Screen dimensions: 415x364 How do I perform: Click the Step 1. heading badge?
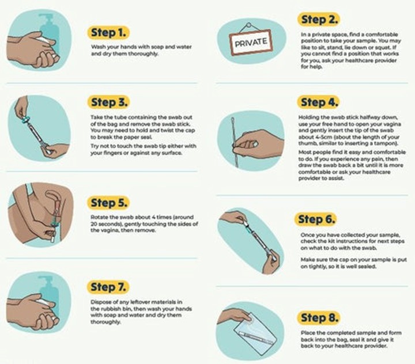pyautogui.click(x=108, y=33)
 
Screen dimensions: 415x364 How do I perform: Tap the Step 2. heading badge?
pyautogui.click(x=318, y=20)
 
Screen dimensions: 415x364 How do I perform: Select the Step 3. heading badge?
pyautogui.click(x=109, y=103)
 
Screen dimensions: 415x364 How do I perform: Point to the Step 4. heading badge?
pyautogui.click(x=318, y=103)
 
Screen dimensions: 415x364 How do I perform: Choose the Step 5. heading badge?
pyautogui.click(x=108, y=203)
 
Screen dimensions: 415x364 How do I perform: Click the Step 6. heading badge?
pyautogui.click(x=316, y=219)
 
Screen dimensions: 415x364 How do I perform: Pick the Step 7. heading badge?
pyautogui.click(x=108, y=287)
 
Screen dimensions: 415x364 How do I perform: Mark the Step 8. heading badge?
pyautogui.click(x=318, y=318)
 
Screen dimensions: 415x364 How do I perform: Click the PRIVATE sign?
pyautogui.click(x=251, y=42)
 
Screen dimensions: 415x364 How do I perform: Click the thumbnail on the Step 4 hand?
pyautogui.click(x=255, y=144)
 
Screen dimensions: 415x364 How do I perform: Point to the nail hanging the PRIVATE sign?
pyautogui.click(x=249, y=25)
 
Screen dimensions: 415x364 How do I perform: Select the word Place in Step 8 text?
pyautogui.click(x=308, y=333)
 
